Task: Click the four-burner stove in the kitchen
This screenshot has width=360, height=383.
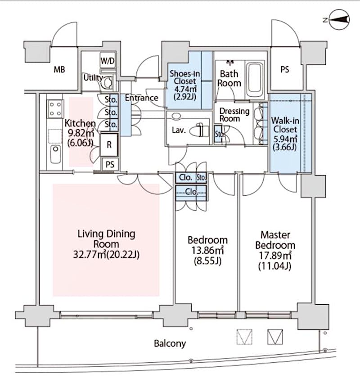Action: coord(55,108)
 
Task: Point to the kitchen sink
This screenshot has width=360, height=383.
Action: coord(55,154)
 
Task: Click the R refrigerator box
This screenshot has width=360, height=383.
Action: coord(109,145)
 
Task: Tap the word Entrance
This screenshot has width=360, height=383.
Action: coord(141,98)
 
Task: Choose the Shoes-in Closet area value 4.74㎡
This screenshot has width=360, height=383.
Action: coord(184,90)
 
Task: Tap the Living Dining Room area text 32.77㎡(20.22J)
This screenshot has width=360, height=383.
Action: coord(106,255)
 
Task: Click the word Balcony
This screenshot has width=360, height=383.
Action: coord(170,344)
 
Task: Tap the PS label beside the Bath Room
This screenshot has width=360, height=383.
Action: coord(284,70)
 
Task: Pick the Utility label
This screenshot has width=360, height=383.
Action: coord(93,77)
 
